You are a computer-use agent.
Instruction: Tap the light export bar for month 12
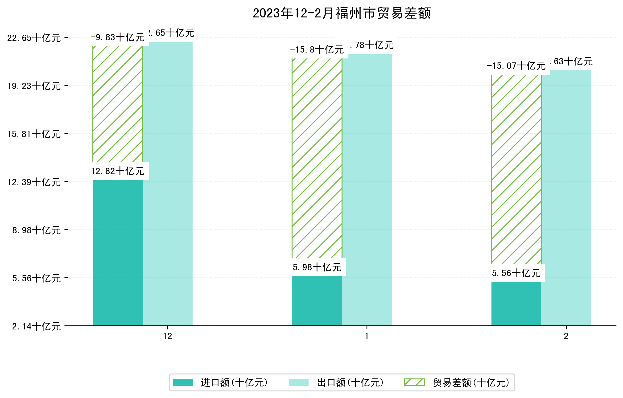[x=168, y=184]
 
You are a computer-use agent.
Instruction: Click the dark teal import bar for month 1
[x=317, y=300]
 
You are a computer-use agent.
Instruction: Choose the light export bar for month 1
[x=367, y=190]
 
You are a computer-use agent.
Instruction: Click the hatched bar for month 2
[x=516, y=169]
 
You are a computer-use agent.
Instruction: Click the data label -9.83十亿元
[x=118, y=37]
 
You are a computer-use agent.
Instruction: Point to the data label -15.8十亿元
[x=317, y=50]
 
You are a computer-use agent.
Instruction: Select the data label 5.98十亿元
[x=317, y=267]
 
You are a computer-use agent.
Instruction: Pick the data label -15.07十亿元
[x=516, y=66]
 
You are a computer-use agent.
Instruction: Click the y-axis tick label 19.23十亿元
[x=34, y=86]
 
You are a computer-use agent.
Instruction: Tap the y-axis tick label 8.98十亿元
[x=37, y=230]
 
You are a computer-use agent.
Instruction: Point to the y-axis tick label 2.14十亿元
[x=37, y=326]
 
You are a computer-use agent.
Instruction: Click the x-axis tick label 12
[x=168, y=336]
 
